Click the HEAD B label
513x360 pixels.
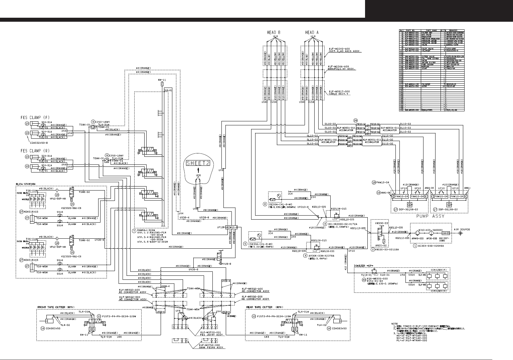274,32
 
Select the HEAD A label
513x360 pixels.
312,32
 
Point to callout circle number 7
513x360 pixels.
134,231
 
